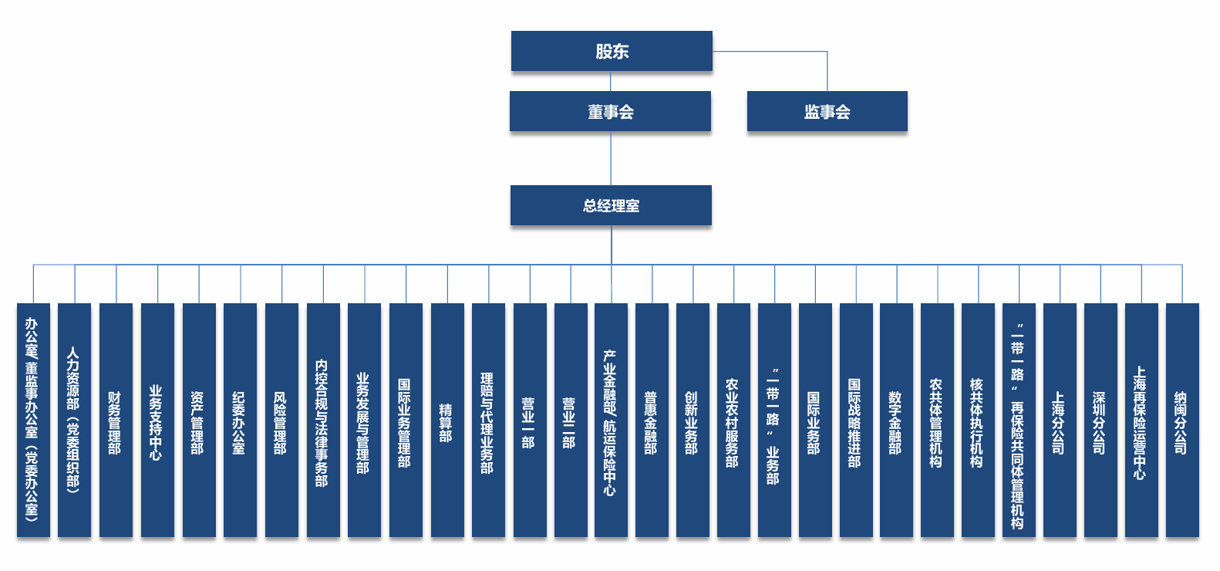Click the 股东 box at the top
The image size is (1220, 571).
(x=612, y=51)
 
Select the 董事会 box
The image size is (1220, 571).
(x=610, y=112)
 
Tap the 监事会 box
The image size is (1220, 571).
(x=827, y=112)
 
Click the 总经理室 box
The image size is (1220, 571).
(x=611, y=205)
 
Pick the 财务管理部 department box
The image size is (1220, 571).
(x=116, y=421)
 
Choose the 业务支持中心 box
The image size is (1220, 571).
(x=157, y=421)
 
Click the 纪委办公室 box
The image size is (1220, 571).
(x=240, y=421)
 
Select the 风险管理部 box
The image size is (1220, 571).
(x=281, y=421)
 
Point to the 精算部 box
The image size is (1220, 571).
(x=447, y=421)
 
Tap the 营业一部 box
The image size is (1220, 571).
(x=530, y=421)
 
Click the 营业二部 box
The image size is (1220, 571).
(x=571, y=421)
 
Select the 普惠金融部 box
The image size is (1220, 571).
(x=652, y=421)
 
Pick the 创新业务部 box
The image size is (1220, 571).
(x=693, y=421)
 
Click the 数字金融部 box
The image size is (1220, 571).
(x=896, y=421)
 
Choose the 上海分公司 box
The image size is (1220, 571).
(x=1060, y=421)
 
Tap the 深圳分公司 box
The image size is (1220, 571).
(x=1100, y=421)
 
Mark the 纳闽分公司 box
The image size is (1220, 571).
(x=1182, y=421)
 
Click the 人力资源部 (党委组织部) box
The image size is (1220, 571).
(x=74, y=421)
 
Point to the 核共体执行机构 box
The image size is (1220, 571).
(x=978, y=421)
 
